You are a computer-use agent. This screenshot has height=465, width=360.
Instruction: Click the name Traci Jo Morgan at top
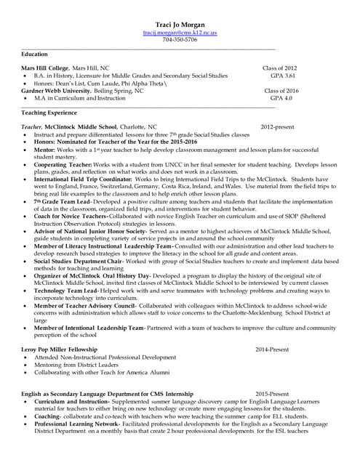tap(180, 25)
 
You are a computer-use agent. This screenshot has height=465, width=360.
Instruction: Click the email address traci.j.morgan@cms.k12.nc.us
tap(180, 33)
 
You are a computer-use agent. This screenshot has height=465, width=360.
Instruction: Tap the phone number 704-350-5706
tap(180, 41)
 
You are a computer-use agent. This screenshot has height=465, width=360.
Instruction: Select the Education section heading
tap(35, 54)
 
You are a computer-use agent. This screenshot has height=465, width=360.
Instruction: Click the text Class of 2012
tap(279, 68)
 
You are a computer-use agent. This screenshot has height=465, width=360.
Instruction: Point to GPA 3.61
tap(282, 76)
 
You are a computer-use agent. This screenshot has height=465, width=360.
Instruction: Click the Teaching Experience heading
tap(49, 113)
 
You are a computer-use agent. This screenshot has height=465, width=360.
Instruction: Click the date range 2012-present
tap(277, 127)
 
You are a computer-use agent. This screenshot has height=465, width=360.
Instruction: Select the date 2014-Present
tap(272, 349)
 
